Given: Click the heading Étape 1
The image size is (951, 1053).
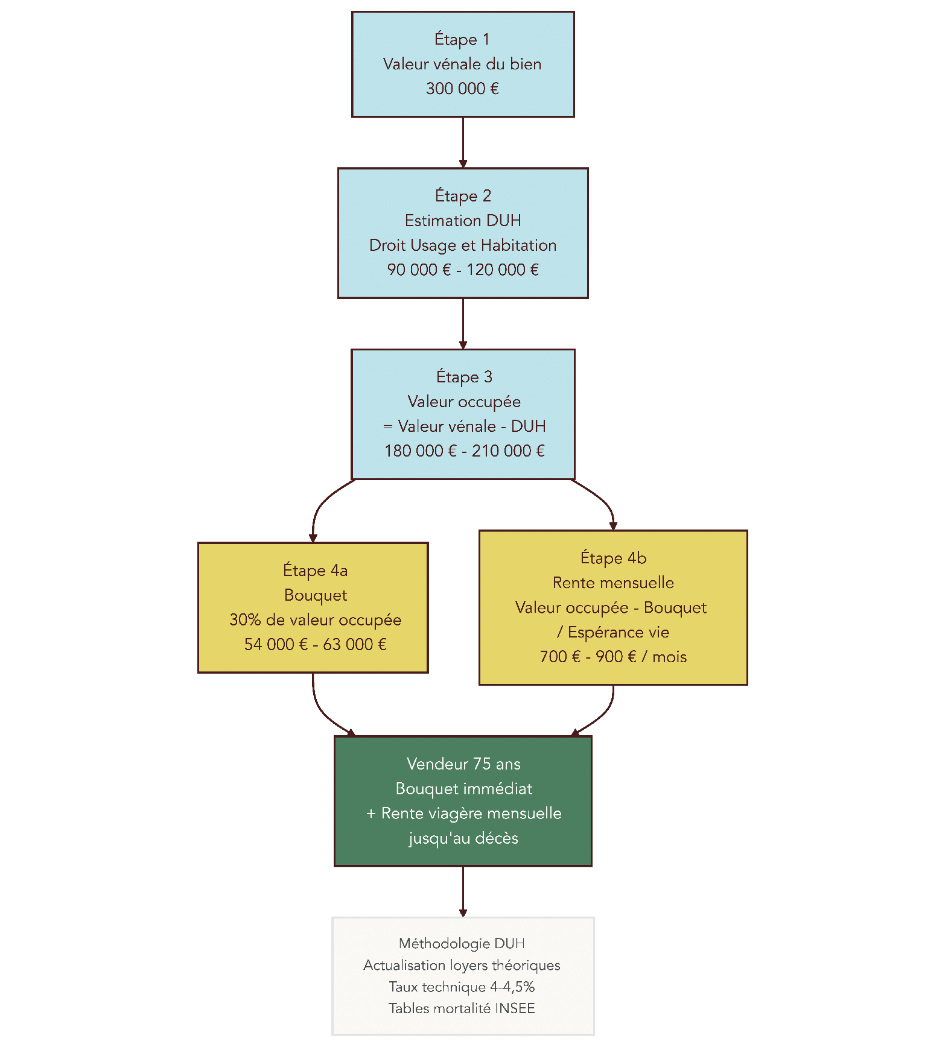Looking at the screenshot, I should click(462, 40).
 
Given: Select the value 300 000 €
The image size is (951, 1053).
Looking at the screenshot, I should click(462, 89).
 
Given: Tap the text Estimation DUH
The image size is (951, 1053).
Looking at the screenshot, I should click(463, 221).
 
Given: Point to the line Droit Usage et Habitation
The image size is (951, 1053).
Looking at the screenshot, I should click(463, 245).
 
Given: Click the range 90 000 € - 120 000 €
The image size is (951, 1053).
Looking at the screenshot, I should click(463, 270).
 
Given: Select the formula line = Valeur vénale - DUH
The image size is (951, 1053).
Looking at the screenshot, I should click(464, 426).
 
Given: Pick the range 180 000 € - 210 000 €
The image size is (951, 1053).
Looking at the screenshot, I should click(464, 451).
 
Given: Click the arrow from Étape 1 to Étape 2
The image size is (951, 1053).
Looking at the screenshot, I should click(463, 142).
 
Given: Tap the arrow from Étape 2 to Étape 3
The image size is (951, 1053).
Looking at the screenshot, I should click(463, 323).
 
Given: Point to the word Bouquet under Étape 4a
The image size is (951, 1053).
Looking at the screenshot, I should click(315, 595).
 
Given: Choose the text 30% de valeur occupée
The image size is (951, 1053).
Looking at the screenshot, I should click(315, 620).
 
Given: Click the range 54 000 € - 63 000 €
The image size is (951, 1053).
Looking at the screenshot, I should click(315, 645).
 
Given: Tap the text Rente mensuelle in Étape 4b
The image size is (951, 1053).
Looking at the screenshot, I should click(613, 583).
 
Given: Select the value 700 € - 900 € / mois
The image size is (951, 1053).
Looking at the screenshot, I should click(613, 657).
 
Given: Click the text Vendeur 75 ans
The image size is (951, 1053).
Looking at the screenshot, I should click(463, 764).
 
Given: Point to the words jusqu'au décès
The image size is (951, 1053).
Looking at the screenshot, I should click(463, 838).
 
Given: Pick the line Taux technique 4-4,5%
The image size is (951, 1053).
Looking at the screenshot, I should click(462, 987).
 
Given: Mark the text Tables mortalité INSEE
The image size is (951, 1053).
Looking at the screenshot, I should click(462, 1009).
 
